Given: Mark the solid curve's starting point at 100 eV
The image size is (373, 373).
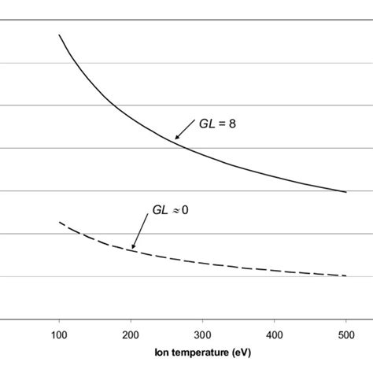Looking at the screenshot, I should click(x=59, y=35).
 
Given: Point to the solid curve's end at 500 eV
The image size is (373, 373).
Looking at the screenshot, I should click(x=345, y=191).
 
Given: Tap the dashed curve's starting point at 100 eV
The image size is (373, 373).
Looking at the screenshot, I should click(x=59, y=223).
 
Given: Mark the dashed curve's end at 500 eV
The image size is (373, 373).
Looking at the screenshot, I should click(x=345, y=275).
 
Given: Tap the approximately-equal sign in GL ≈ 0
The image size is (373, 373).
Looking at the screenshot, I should click(x=176, y=212).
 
